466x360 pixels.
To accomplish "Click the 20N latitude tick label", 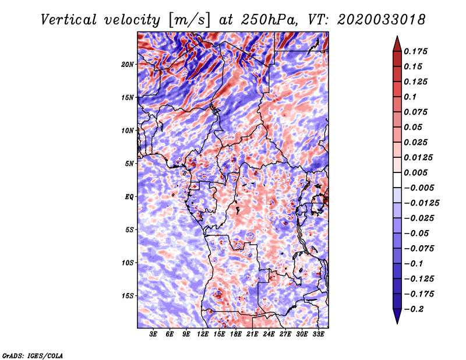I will pyautogui.click(x=128, y=64).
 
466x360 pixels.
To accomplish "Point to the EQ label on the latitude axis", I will pyautogui.click(x=129, y=197).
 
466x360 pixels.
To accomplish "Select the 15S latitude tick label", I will pyautogui.click(x=128, y=296).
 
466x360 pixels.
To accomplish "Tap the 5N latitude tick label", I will pyautogui.click(x=129, y=164).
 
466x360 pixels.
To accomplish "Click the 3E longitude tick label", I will pyautogui.click(x=154, y=334).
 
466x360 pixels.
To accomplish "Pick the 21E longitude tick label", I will pyautogui.click(x=252, y=334).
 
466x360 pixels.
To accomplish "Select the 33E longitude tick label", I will pyautogui.click(x=318, y=334).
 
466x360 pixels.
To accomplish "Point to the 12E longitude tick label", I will pyautogui.click(x=203, y=334).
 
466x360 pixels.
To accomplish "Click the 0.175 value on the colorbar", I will pyautogui.click(x=417, y=52).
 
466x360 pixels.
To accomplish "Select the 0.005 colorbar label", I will pyautogui.click(x=417, y=173).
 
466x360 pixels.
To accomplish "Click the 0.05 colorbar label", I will pyautogui.click(x=414, y=128).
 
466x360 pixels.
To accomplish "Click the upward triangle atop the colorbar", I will pyautogui.click(x=396, y=43).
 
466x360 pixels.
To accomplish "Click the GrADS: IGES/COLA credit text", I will pyautogui.click(x=33, y=355).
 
